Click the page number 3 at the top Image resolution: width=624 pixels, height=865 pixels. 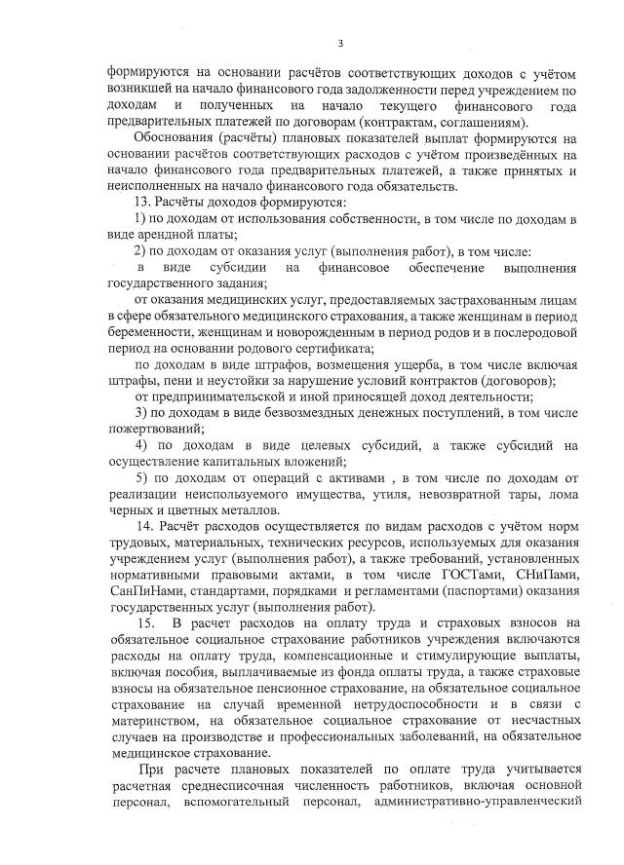tap(341, 42)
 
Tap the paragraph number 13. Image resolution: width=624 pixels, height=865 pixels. tap(139, 202)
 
